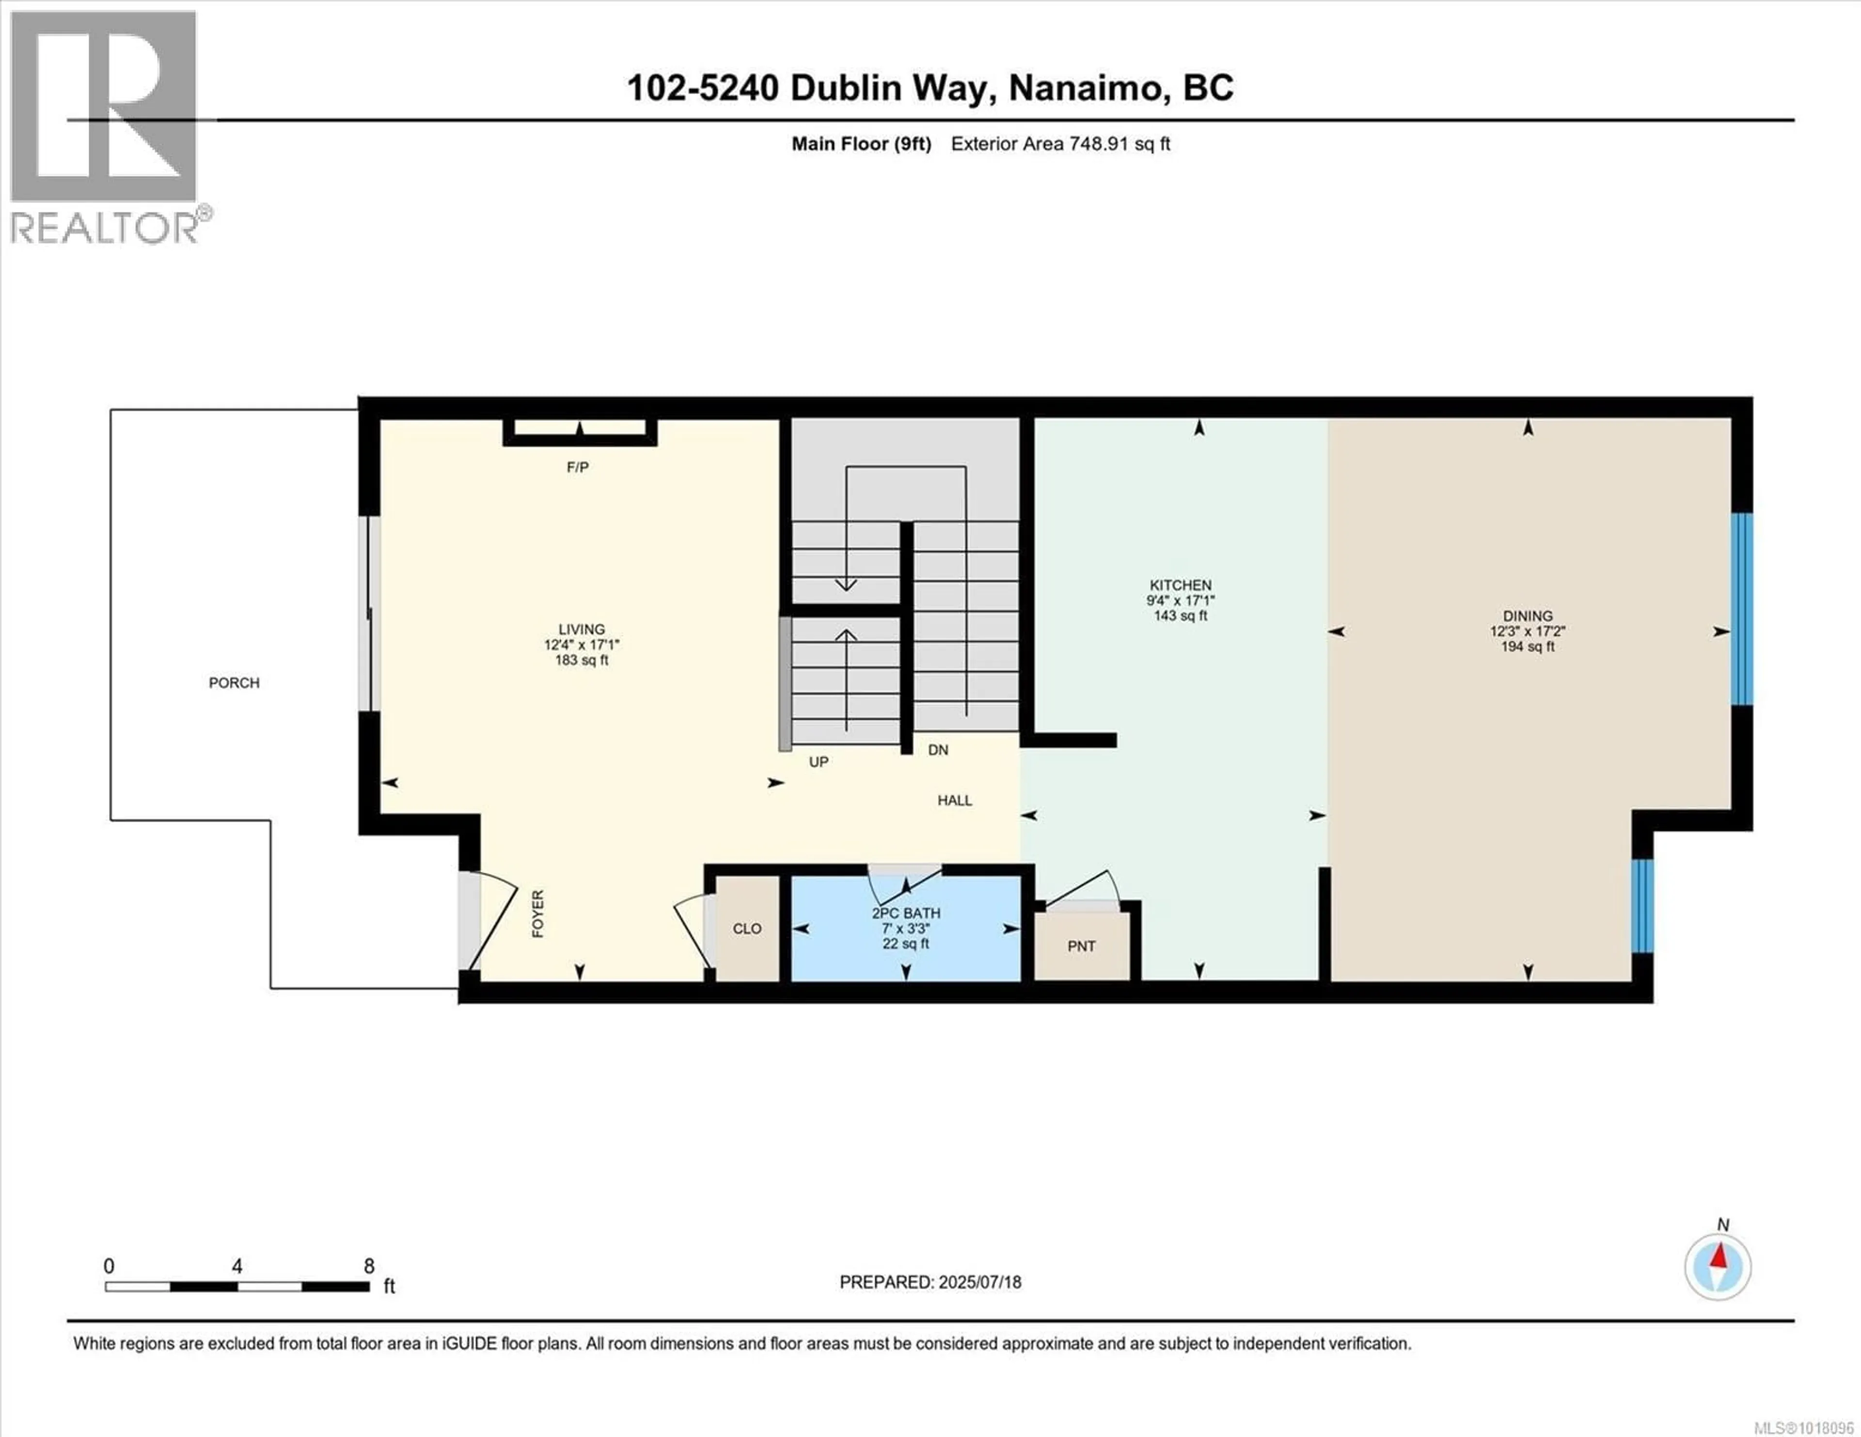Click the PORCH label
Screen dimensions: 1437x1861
pos(235,682)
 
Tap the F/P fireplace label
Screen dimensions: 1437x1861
pos(578,467)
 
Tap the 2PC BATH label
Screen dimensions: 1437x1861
pos(906,912)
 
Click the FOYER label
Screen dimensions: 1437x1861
pos(537,914)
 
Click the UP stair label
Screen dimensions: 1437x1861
pos(818,761)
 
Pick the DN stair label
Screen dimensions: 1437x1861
pos(937,750)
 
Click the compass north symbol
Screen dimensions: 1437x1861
pos(1718,1267)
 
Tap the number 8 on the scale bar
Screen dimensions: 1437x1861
pos(369,1266)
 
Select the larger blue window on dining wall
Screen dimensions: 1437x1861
pos(1742,609)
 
